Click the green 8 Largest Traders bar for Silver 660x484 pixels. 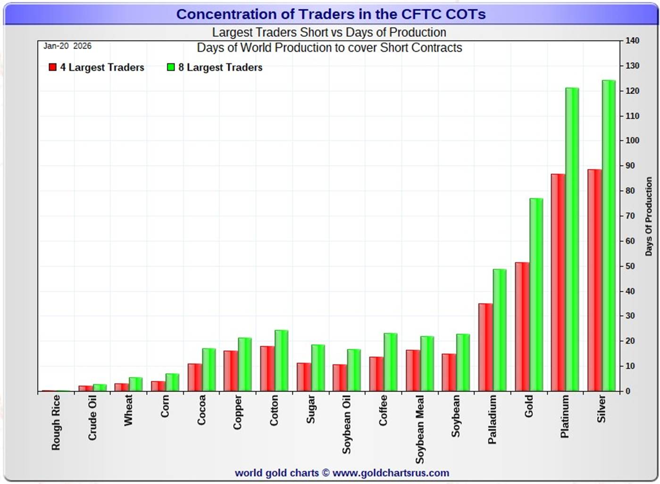pyautogui.click(x=609, y=236)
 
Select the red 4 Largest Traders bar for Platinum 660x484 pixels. pyautogui.click(x=558, y=283)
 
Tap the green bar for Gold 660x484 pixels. pyautogui.click(x=536, y=295)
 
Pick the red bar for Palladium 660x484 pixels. pyautogui.click(x=485, y=347)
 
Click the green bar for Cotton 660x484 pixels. pyautogui.click(x=281, y=361)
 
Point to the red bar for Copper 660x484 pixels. pyautogui.click(x=230, y=371)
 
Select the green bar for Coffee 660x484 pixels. pyautogui.click(x=390, y=362)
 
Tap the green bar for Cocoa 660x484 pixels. pyautogui.click(x=209, y=370)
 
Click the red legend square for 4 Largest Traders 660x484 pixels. pyautogui.click(x=53, y=67)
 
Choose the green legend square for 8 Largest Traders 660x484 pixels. pyautogui.click(x=171, y=67)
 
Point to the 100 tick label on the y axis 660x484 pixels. pyautogui.click(x=632, y=140)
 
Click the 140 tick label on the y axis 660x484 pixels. pyautogui.click(x=632, y=41)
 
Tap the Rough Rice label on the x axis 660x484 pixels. pyautogui.click(x=56, y=422)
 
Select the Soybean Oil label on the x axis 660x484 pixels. pyautogui.click(x=347, y=424)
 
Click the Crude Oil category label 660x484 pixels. pyautogui.click(x=92, y=418)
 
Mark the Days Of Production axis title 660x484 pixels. pyautogui.click(x=649, y=216)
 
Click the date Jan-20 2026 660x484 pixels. pyautogui.click(x=67, y=46)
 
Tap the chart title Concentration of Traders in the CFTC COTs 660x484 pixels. pyautogui.click(x=331, y=14)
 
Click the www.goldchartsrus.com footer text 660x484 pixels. pyautogui.click(x=391, y=473)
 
